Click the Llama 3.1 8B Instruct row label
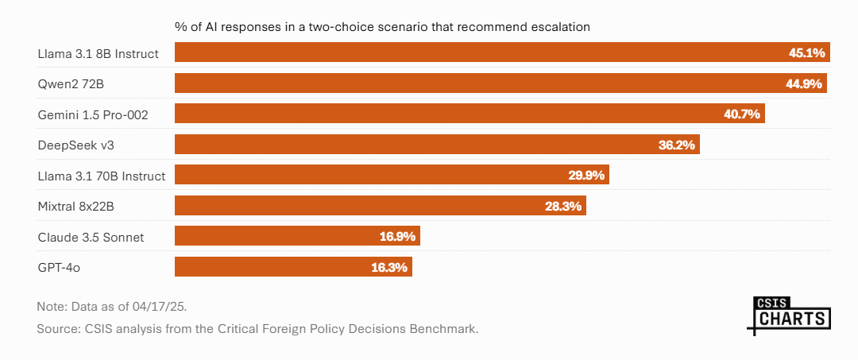(x=98, y=53)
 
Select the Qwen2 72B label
(x=71, y=83)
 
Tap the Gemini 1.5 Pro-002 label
(x=93, y=114)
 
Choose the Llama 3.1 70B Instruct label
(x=101, y=176)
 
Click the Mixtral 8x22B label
(x=78, y=206)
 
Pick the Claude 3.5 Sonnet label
(x=91, y=237)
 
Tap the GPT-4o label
(x=59, y=267)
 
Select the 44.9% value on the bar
(x=805, y=83)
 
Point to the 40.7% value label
(x=742, y=114)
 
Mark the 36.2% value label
(x=677, y=145)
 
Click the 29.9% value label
(x=586, y=176)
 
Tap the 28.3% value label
(x=563, y=206)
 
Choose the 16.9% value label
(x=397, y=237)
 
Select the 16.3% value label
(x=389, y=267)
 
